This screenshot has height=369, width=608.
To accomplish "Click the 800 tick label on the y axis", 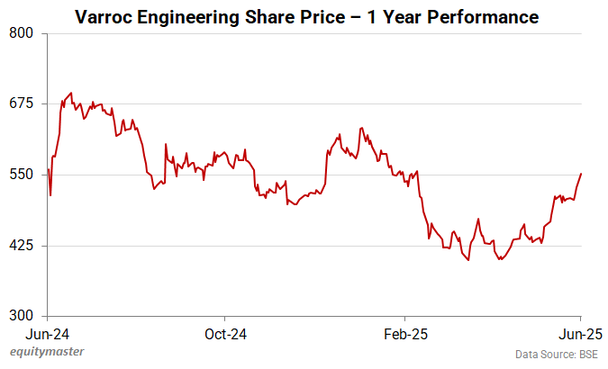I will point(21,33).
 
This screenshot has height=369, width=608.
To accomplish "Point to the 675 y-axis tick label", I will point(21,103).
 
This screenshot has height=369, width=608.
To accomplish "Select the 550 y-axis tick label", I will point(21,175).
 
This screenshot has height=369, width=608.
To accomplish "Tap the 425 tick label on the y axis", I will point(21,246).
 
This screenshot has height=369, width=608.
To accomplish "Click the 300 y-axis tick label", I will point(21,316).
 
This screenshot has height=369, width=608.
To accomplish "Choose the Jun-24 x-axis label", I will point(47,333).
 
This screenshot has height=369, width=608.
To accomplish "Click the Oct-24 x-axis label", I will point(224,333).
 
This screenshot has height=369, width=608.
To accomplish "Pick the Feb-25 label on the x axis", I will point(404,333).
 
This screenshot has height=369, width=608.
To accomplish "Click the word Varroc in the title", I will point(106,17).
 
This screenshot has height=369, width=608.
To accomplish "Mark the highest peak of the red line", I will point(71,93).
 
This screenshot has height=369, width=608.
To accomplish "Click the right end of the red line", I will point(581,173).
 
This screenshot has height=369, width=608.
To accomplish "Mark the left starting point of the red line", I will point(48,169).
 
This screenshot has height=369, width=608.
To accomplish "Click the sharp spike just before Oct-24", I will point(165,144).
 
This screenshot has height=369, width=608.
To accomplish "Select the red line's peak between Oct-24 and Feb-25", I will point(360,128).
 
